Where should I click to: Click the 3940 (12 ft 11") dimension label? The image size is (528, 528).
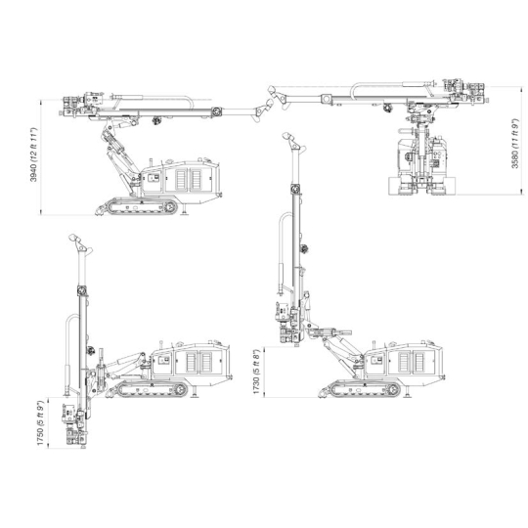[x=33, y=154]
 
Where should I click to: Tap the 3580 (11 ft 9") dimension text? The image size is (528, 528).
[x=515, y=143]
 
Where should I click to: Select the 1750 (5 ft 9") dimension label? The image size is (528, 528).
[x=40, y=423]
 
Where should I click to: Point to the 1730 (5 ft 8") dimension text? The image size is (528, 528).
[x=256, y=372]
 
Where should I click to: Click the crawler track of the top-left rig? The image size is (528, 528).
[x=142, y=206]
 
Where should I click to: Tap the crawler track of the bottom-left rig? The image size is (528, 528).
[x=153, y=389]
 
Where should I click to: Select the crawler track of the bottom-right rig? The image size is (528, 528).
[x=365, y=389]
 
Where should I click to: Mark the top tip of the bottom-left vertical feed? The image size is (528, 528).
[x=72, y=237]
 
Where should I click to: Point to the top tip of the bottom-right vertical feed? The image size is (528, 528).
[x=286, y=135]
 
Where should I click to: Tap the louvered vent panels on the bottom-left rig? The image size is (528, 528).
[x=199, y=363]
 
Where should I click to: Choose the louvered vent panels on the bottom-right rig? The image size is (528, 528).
[x=412, y=363]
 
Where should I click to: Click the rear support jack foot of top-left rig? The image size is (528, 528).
[x=184, y=212]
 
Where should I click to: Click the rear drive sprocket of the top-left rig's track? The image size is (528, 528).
[x=171, y=206]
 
